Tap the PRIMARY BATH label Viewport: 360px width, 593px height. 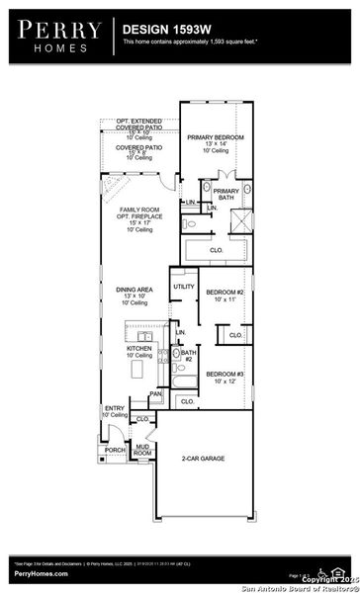tap(226, 194)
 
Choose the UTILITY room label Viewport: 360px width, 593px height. tap(184, 287)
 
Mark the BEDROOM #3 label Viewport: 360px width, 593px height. tap(225, 374)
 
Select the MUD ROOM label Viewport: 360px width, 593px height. tap(143, 449)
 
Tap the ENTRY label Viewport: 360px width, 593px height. tap(114, 410)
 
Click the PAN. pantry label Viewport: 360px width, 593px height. tap(155, 394)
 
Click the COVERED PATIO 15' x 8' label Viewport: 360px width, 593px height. tap(138, 151)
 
